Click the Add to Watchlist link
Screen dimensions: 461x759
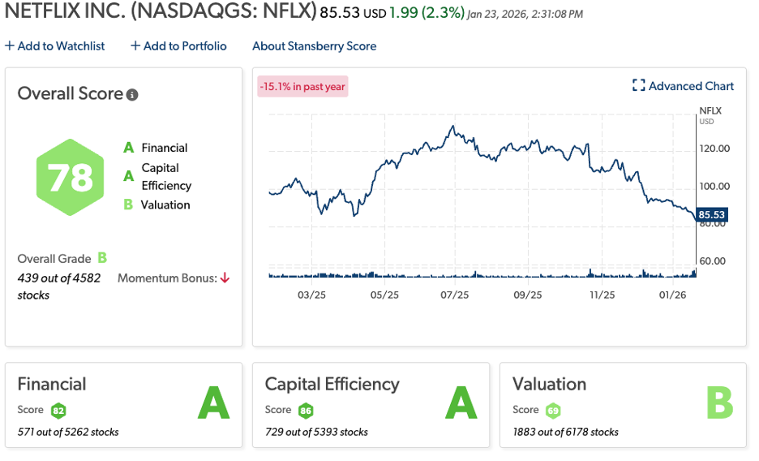(x=55, y=46)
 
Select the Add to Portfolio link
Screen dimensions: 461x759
(x=178, y=46)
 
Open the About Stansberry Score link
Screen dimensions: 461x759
(x=314, y=46)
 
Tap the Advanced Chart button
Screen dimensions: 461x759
(x=683, y=86)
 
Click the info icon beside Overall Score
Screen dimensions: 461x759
(x=132, y=94)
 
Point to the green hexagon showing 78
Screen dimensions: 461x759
(x=71, y=177)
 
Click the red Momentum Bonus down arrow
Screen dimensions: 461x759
(x=225, y=278)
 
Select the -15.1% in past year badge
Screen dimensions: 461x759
(x=302, y=86)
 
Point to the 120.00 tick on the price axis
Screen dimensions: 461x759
(x=714, y=149)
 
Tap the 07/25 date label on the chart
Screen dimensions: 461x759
(x=455, y=295)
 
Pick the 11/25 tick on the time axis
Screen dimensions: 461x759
(x=602, y=295)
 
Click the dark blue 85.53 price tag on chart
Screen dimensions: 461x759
(x=711, y=215)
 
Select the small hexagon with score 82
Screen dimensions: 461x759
(x=58, y=410)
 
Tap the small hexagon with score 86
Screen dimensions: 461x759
(x=306, y=410)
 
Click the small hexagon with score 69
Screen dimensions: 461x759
(x=553, y=410)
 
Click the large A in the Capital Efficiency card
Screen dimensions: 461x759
(x=461, y=403)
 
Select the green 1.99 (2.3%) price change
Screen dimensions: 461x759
(x=427, y=14)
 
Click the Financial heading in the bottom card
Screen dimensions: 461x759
(x=52, y=384)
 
